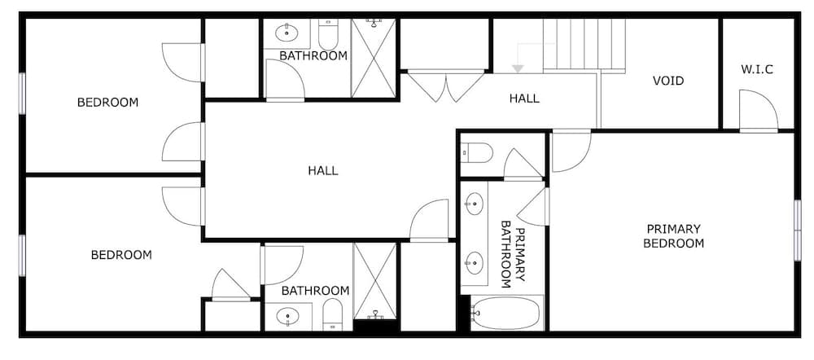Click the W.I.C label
point(757,69)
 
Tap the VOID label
point(668,81)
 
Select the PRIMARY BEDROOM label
point(673,236)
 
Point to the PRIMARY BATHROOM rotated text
point(513,254)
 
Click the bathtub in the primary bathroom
point(506,314)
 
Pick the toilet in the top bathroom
point(328,34)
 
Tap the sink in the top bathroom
point(286,33)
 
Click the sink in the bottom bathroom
point(287,316)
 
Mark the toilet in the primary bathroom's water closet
point(477,153)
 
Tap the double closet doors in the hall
point(445,86)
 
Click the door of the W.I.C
point(759,111)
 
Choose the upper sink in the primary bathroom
point(474,204)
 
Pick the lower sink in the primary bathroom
point(474,263)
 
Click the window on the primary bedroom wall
point(798,230)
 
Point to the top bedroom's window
point(22,93)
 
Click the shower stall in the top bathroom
point(374,58)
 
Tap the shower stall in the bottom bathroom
point(374,281)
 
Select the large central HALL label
point(323,170)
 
